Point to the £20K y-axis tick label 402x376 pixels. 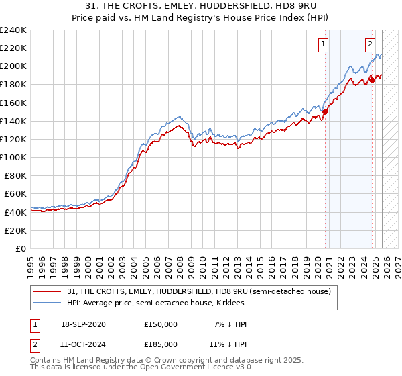click(x=15, y=230)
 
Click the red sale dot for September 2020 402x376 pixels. click(x=325, y=112)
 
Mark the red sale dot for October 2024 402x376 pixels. click(x=372, y=80)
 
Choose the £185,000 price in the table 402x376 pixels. click(x=161, y=344)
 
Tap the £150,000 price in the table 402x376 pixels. click(x=161, y=324)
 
